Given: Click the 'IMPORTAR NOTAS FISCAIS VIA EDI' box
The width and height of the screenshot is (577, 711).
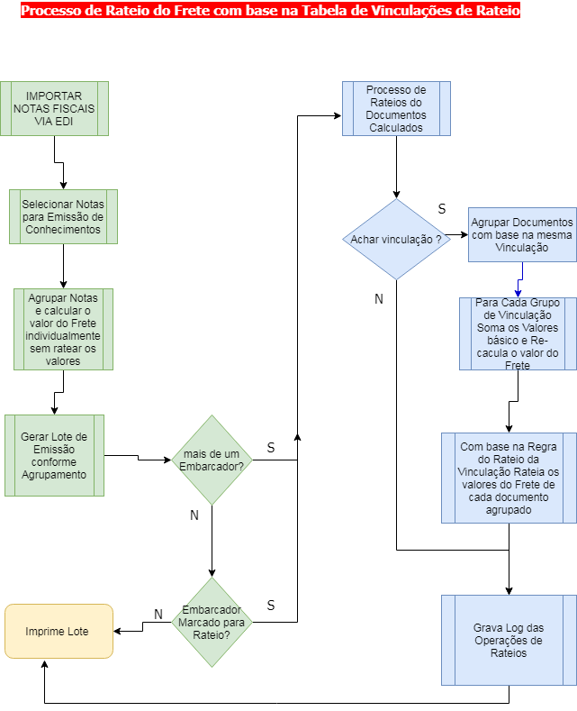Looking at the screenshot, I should [x=54, y=108].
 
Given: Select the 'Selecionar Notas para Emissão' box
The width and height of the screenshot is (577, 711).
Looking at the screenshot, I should [x=63, y=216].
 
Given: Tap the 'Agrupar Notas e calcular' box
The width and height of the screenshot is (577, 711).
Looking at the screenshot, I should [x=63, y=329].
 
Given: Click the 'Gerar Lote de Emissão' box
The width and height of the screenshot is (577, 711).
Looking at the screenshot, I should [x=54, y=455].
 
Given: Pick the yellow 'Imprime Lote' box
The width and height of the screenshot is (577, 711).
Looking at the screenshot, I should [x=59, y=631].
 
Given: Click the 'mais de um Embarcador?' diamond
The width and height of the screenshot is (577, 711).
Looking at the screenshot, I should [x=212, y=460].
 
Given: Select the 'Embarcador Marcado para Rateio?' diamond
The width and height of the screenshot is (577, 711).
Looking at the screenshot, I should [x=212, y=622].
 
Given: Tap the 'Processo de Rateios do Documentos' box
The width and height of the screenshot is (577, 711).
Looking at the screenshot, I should [x=396, y=108].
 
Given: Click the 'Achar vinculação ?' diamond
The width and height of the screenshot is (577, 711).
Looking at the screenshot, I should [x=396, y=239].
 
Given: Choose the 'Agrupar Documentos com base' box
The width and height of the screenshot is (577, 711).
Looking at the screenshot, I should [x=522, y=234].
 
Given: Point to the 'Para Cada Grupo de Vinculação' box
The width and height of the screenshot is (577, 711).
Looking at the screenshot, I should [x=518, y=333].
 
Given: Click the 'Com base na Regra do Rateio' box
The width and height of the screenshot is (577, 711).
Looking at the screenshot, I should [x=509, y=478].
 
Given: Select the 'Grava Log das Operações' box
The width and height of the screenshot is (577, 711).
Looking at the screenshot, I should [x=509, y=640].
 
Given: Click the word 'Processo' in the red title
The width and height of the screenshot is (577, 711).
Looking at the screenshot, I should [x=50, y=12].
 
